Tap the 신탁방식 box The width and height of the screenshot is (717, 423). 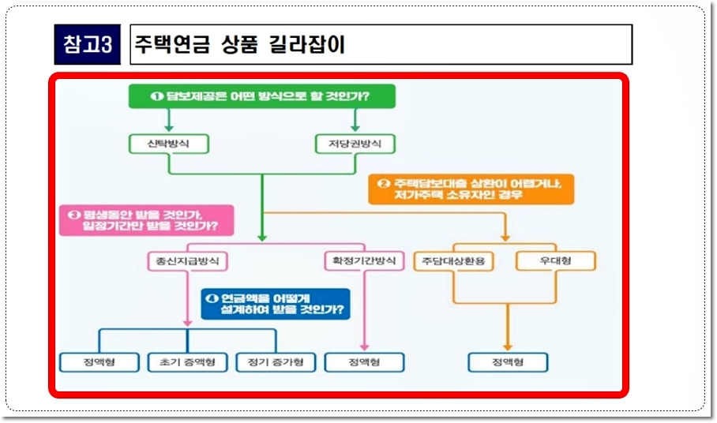[168, 144]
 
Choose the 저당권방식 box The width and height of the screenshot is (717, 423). [355, 144]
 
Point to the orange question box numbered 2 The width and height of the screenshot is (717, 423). [471, 189]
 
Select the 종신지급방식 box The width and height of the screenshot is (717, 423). [187, 260]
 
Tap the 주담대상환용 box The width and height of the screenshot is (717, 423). [453, 260]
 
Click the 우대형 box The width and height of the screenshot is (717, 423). [556, 260]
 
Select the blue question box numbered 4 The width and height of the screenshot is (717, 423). [276, 304]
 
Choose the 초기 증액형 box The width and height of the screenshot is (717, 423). [187, 362]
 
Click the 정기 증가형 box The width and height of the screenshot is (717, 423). [276, 362]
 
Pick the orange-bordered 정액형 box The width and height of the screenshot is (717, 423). [507, 362]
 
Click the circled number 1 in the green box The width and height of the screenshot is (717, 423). [156, 96]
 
